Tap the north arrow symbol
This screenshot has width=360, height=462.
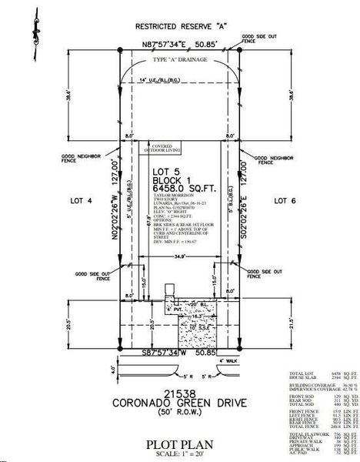click(34, 28)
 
